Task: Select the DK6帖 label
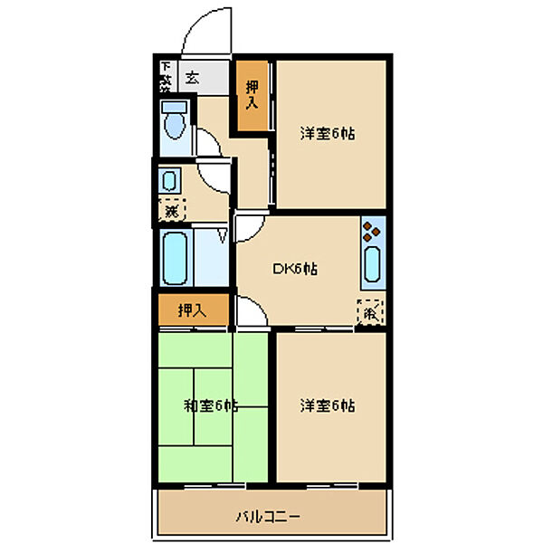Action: coord(295,269)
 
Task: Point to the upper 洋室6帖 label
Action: coord(327,134)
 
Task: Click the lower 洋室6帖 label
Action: coord(327,405)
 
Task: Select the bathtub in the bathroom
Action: coord(175,257)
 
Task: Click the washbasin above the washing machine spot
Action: coord(169,180)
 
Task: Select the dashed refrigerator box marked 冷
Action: coord(370,312)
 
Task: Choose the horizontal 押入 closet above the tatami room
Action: coord(192,310)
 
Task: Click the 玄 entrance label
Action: coord(192,78)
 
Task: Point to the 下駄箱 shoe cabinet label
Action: coord(166,77)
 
